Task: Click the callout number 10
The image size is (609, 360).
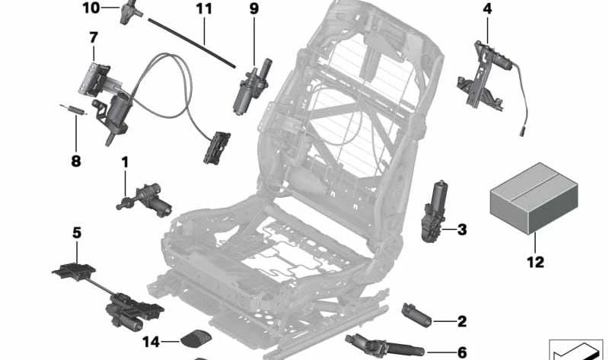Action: (91, 8)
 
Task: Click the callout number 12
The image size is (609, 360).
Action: (535, 262)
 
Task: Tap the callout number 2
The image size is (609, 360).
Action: (461, 321)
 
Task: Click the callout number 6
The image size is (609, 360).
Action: (461, 352)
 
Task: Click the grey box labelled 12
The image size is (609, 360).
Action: (528, 195)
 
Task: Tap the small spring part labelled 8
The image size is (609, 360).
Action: (71, 110)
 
